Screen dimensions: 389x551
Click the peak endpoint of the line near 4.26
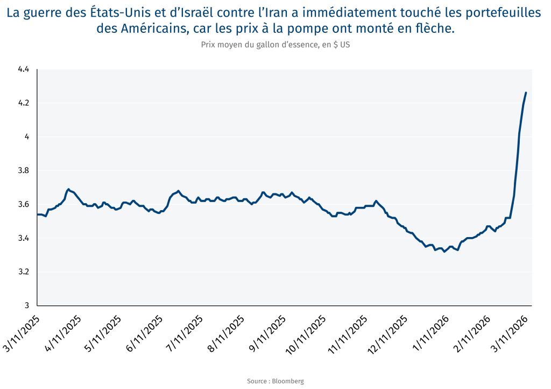pos(526,93)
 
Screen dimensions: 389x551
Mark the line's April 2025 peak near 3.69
pos(68,189)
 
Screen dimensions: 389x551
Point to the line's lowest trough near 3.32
pos(444,251)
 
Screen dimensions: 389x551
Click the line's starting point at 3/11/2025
pos(37,214)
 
